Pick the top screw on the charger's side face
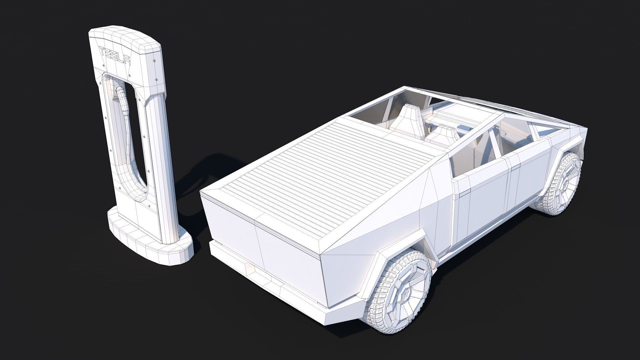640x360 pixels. [154, 60]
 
